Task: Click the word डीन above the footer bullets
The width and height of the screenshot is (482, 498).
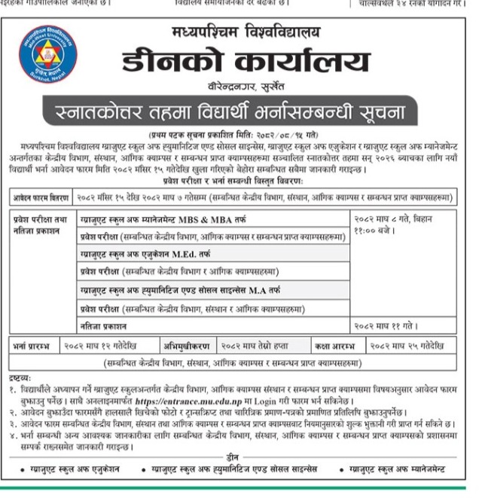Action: [236, 457]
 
